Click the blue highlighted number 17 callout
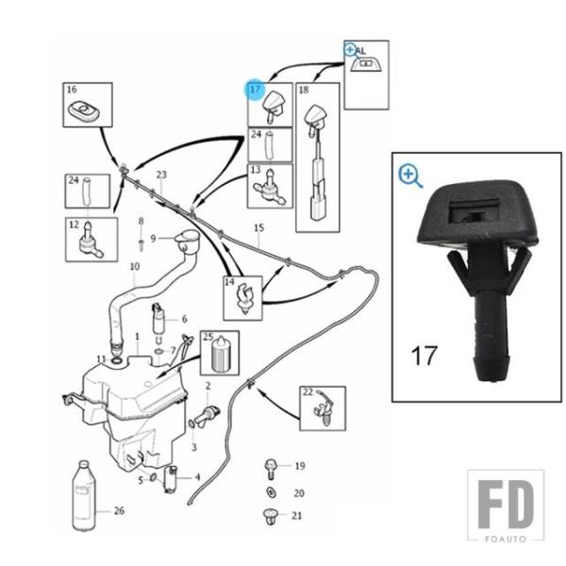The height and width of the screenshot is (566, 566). pos(256,89)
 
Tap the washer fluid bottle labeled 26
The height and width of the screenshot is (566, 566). pos(84,495)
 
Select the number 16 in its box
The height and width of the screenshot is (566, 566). pos(72,90)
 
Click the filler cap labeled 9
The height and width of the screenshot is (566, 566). pos(187,241)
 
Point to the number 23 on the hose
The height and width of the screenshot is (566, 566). pos(161,175)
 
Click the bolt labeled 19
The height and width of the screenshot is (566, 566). pos(271,469)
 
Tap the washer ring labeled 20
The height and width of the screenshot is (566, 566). pos(271,492)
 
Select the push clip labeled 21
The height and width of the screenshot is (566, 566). pos(271,516)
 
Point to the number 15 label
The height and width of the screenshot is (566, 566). pos(258,228)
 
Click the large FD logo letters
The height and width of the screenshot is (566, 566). pos(506,505)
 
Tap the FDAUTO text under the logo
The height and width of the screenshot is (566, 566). pos(506,539)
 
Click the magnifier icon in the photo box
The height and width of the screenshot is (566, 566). pos(410,176)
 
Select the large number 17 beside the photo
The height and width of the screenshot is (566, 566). pos(424,356)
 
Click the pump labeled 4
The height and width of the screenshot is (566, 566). pos(170,479)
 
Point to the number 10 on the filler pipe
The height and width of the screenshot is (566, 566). pos(135,267)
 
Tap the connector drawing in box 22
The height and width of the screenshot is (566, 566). pos(325,408)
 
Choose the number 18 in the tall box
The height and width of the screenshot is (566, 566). pos(304,90)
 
